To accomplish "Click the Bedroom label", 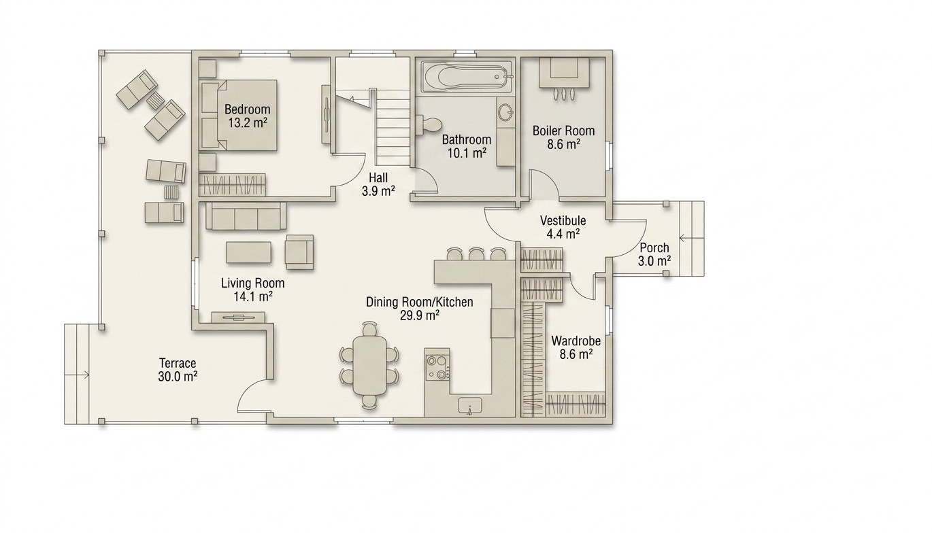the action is pos(247,109).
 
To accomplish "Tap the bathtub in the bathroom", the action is pos(467,77).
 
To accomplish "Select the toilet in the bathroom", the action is pos(431,124).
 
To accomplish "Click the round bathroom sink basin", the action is pos(506,112).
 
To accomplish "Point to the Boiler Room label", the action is pos(563,131).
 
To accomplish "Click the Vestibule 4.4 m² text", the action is pos(563,227).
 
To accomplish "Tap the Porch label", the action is pos(654,247).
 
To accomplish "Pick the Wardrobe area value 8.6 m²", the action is pos(576,355).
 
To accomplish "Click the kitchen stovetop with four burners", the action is pos(437,367).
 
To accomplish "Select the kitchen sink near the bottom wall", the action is pos(470,405).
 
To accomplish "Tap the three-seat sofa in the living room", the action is pos(246,216).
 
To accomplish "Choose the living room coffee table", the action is pos(249,252).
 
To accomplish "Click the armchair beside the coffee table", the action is pos(299,252).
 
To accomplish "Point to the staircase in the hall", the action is pos(393,127).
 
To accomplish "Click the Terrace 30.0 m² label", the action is pos(178,370).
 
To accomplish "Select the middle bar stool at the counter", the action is pos(475,254).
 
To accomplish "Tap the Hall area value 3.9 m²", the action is pos(378,191).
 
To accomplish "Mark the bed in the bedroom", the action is pos(238,115).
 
